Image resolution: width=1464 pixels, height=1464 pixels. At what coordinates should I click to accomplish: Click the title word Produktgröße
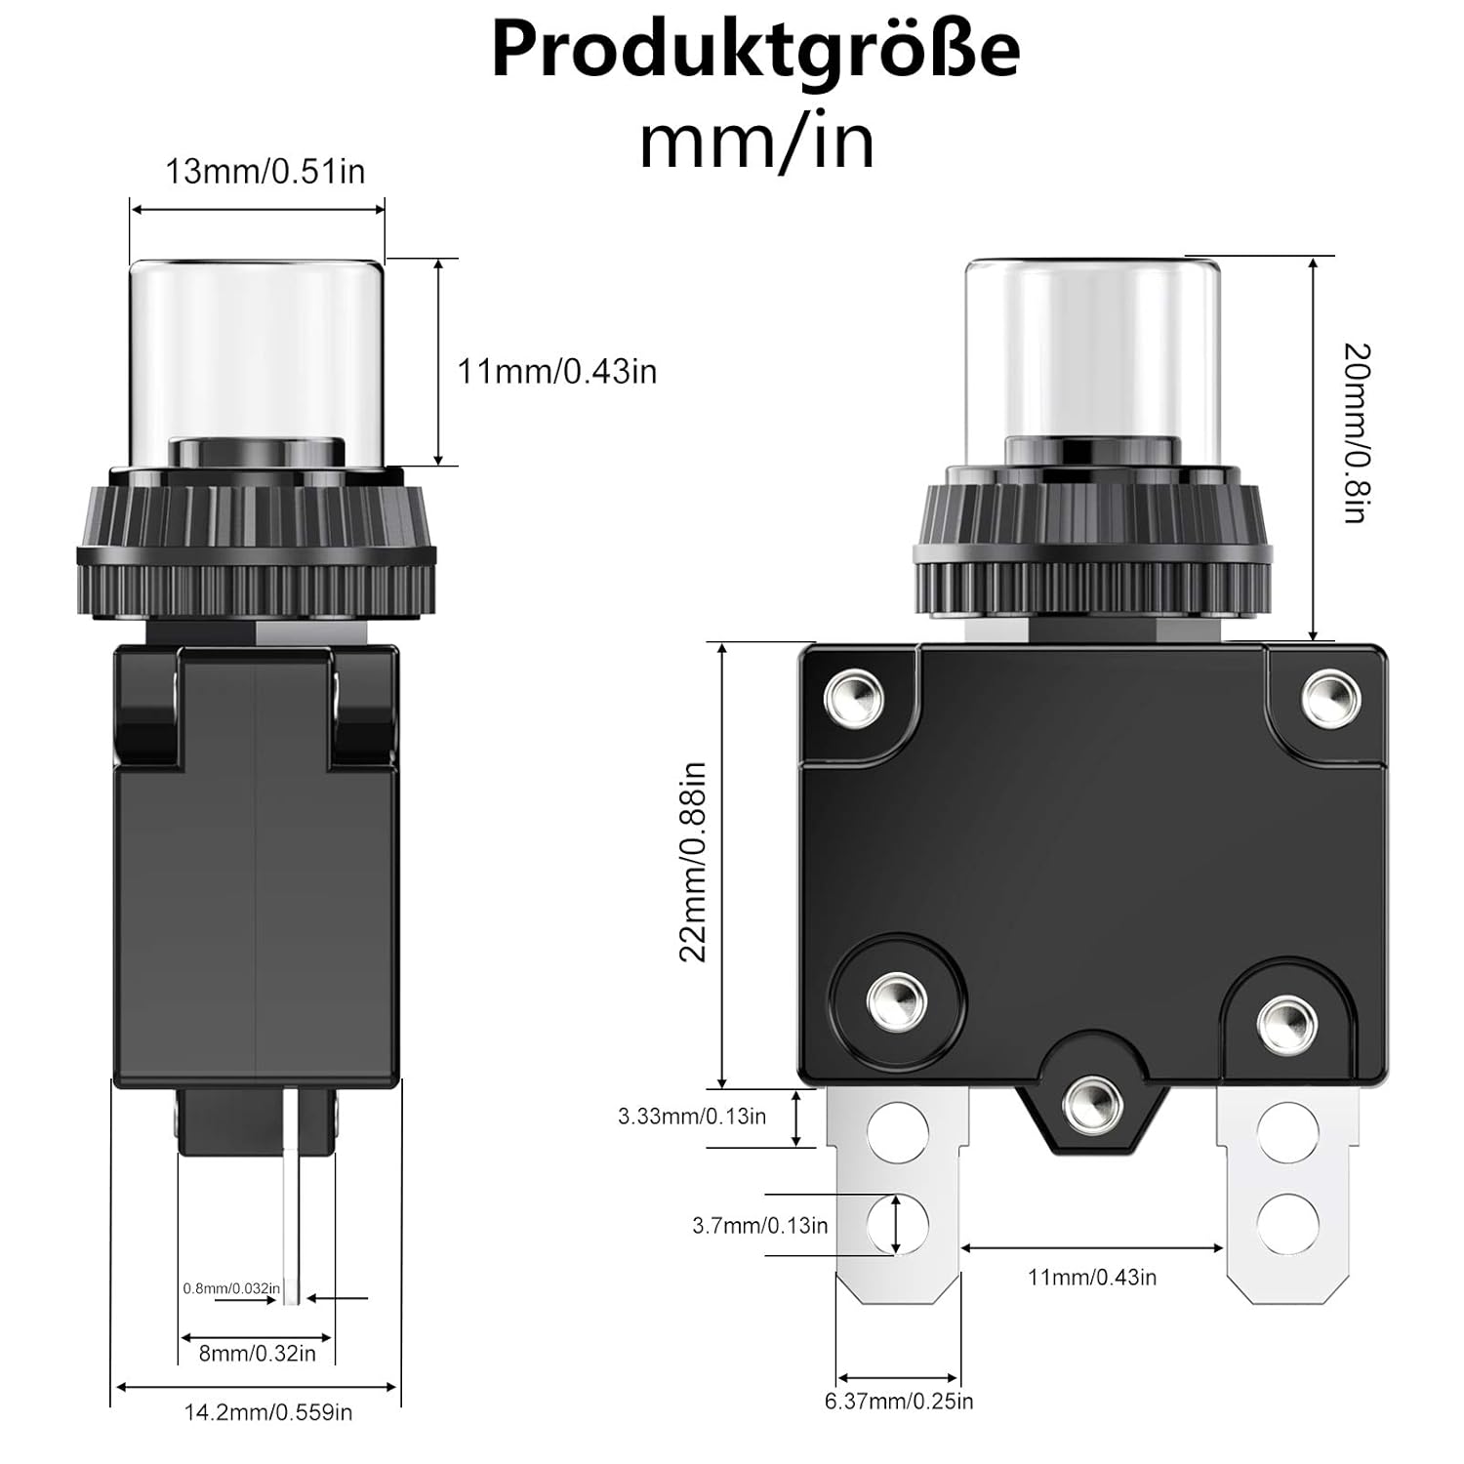[x=755, y=51]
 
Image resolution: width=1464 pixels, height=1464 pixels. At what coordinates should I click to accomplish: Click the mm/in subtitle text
[x=756, y=142]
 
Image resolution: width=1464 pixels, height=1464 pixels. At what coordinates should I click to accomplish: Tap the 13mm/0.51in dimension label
[x=264, y=172]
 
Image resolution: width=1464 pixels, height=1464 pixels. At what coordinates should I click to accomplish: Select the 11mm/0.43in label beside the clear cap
[x=557, y=372]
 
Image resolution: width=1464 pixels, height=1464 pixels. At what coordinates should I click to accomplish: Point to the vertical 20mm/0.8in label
[x=1357, y=432]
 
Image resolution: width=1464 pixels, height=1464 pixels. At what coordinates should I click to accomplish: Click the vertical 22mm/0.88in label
[x=693, y=862]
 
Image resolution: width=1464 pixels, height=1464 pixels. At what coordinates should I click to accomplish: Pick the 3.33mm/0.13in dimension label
[x=692, y=1116]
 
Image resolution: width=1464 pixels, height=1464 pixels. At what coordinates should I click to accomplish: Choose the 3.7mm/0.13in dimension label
[x=759, y=1225]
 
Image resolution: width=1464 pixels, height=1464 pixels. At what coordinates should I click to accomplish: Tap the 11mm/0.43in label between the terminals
[x=1092, y=1277]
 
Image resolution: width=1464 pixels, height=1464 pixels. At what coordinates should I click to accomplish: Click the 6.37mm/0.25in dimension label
[x=899, y=1402]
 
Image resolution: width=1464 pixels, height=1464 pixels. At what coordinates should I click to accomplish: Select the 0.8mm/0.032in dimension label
[x=231, y=1288]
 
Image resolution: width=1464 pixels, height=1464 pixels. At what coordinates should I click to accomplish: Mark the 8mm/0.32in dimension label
[x=258, y=1353]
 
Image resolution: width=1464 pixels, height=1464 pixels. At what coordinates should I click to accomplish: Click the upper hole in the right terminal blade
[x=1287, y=1132]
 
